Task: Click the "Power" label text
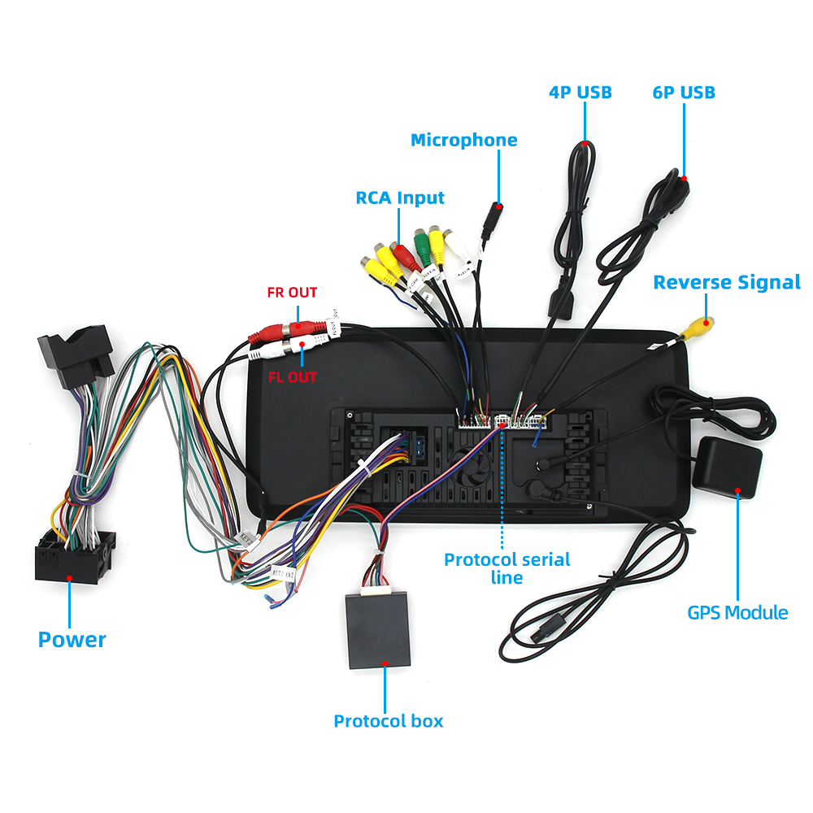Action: coord(72,639)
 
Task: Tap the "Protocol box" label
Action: coord(389,720)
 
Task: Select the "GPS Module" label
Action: coord(737,612)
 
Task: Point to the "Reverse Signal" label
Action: coord(726,282)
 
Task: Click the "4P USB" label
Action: coord(580,92)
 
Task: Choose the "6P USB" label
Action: coord(684,92)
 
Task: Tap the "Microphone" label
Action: coord(463,140)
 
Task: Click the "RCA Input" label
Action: coord(400,198)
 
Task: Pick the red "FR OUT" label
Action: coord(292,293)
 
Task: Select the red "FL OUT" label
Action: coord(292,376)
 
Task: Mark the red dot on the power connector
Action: coord(70,579)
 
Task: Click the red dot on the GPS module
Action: coord(737,490)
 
